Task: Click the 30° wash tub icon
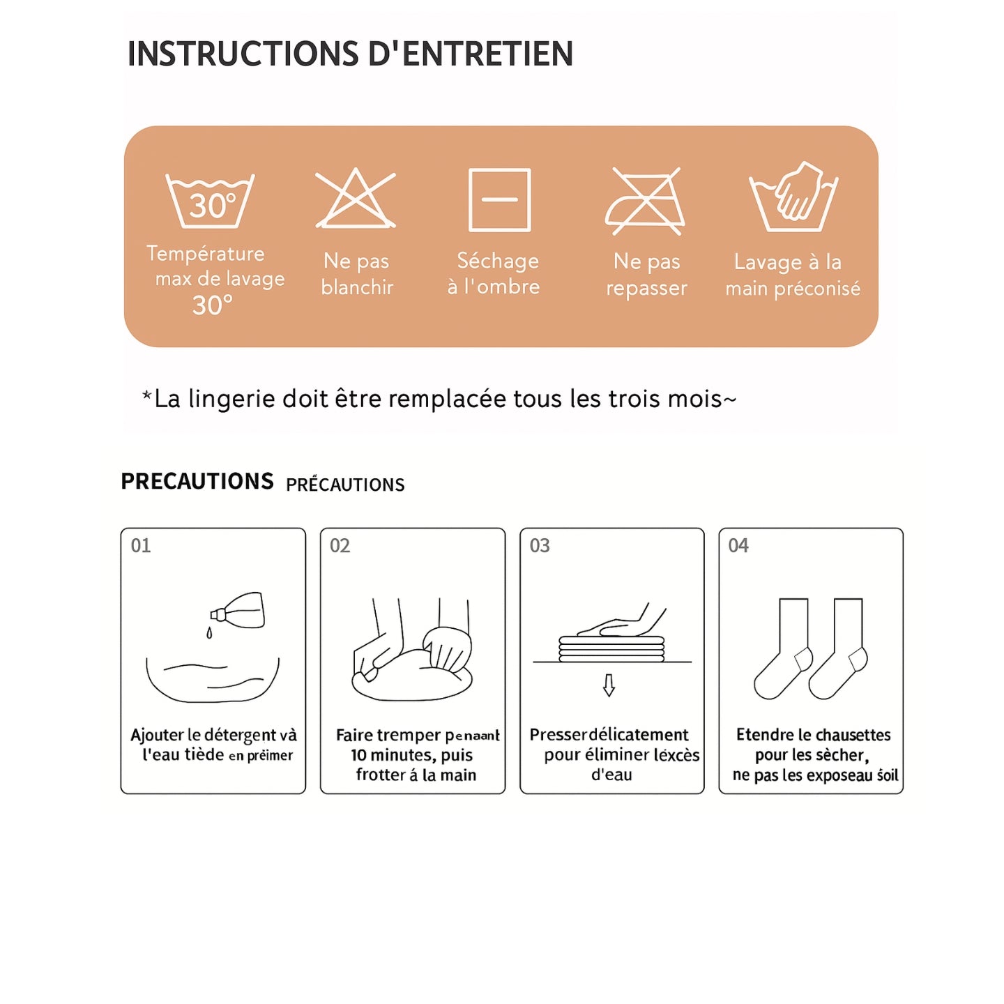point(210,201)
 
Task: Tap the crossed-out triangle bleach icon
point(356,199)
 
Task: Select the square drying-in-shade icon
point(499,199)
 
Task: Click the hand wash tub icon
point(793,199)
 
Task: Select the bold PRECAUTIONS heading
point(197,481)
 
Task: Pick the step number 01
point(141,545)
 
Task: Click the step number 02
point(340,545)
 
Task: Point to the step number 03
point(540,545)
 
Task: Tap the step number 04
point(738,545)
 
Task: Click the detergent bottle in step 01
point(239,611)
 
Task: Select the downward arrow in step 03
point(609,685)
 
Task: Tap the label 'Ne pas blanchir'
point(357,274)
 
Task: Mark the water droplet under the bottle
point(209,633)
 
